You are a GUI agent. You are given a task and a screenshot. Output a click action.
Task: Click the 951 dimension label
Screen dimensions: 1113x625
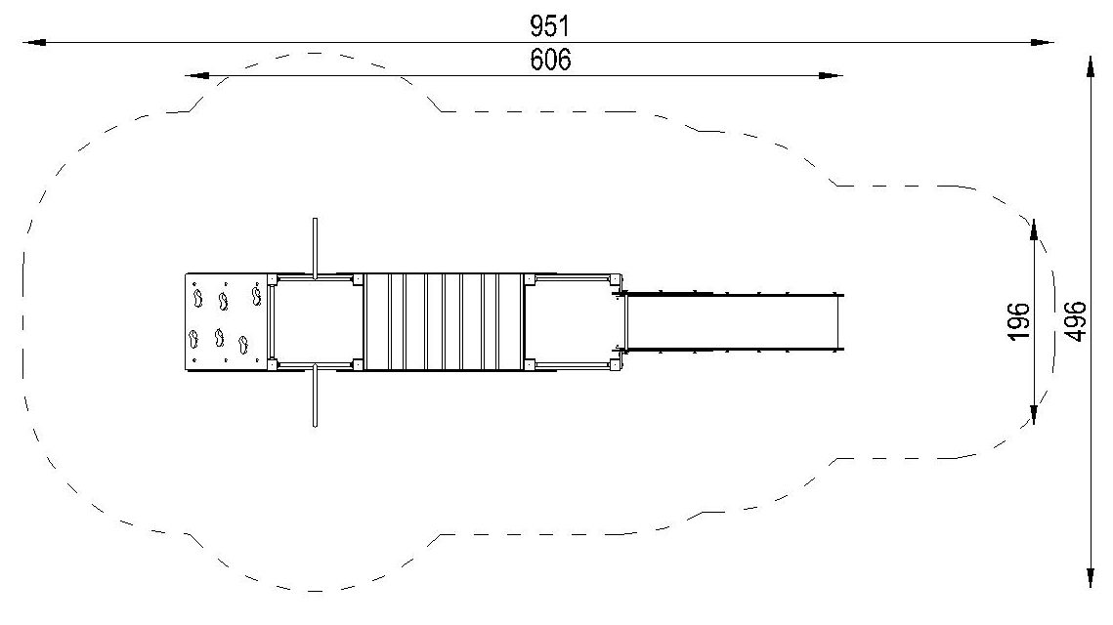549,26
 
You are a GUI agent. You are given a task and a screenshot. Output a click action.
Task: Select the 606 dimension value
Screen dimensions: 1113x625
550,60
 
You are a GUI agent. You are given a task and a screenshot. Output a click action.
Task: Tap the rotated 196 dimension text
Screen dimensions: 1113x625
1018,320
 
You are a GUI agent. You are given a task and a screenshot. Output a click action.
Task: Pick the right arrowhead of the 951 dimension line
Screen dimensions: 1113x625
1042,43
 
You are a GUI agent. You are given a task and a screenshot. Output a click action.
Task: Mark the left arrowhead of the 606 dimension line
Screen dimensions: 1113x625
196,75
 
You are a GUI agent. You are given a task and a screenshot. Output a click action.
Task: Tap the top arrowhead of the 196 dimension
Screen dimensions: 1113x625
1034,230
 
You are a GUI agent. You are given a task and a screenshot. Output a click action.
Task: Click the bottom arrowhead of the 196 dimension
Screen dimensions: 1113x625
1034,413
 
